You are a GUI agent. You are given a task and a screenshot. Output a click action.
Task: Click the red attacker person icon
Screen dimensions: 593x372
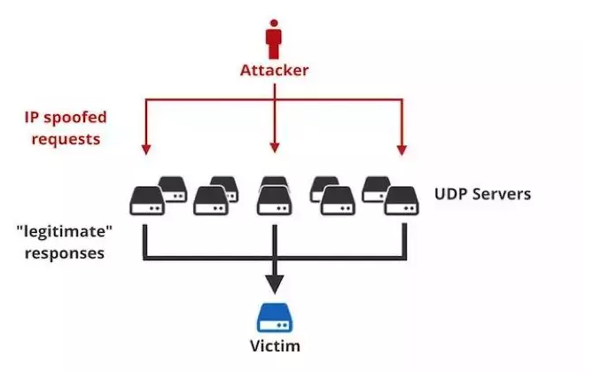pos(274,39)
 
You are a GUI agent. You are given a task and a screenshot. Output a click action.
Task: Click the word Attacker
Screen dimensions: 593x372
pos(274,70)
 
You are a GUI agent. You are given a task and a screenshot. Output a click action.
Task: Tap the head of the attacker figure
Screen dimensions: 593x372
pos(274,23)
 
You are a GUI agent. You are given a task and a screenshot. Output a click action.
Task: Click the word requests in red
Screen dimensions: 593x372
pos(66,139)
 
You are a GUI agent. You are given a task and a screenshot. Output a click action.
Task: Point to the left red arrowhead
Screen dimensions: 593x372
pos(146,150)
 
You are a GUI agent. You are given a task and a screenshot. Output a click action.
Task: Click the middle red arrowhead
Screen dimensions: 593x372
pos(275,148)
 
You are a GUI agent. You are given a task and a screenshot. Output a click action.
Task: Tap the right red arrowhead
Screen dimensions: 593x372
pos(402,150)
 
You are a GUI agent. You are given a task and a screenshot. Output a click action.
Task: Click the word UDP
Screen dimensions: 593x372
pos(451,194)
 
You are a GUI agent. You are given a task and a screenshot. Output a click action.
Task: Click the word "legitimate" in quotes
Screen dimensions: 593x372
pos(65,231)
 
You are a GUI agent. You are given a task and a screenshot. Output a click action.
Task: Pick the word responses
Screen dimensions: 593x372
pos(65,253)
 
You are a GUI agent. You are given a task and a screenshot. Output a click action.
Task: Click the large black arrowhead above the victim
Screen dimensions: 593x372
pos(275,284)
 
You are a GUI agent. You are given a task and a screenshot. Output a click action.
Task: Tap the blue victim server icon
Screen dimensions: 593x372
pos(275,318)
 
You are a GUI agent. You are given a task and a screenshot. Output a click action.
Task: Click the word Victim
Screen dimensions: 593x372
pos(275,346)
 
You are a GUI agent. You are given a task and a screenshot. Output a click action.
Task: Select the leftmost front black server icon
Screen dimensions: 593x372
pos(147,201)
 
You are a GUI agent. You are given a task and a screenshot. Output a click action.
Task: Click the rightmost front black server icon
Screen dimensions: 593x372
pos(402,201)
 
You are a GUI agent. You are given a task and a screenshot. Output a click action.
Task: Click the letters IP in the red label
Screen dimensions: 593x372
pos(32,117)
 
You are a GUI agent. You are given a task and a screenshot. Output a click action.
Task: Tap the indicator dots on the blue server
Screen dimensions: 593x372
pos(282,325)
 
